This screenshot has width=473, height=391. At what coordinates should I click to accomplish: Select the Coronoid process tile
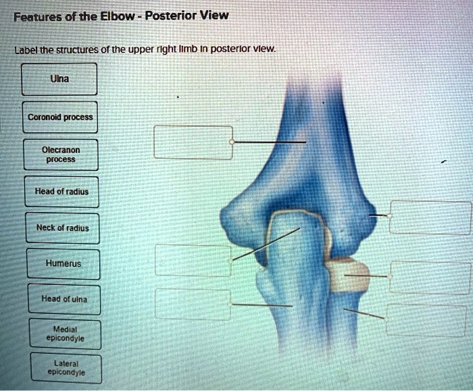click(x=60, y=117)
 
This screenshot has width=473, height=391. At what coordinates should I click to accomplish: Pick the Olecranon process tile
click(x=60, y=155)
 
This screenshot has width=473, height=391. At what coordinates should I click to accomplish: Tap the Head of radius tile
click(x=61, y=192)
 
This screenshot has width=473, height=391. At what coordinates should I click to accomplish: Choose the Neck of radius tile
click(x=61, y=228)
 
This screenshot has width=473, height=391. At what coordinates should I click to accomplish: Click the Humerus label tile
click(x=63, y=264)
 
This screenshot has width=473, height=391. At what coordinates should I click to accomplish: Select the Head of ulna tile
click(x=64, y=298)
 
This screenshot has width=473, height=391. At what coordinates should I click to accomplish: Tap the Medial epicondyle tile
click(x=65, y=334)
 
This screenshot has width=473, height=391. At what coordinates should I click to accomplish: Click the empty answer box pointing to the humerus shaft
click(x=193, y=142)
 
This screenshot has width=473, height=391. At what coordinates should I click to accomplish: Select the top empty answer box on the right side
click(x=431, y=217)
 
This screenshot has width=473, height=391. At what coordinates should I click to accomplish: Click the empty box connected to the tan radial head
click(x=430, y=277)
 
